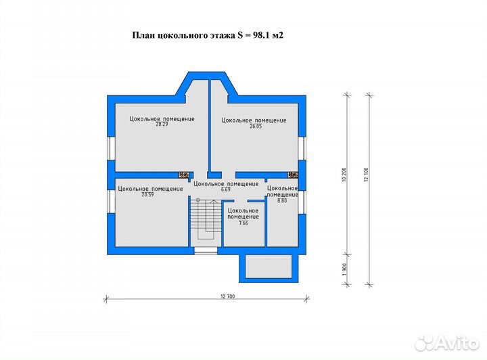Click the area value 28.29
click(162, 125)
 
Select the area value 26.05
click(254, 126)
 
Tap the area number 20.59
click(147, 195)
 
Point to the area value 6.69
click(225, 189)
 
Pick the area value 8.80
click(283, 200)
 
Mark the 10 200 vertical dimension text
click(345, 175)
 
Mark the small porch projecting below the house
click(268, 267)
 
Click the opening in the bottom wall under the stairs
click(205, 250)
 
